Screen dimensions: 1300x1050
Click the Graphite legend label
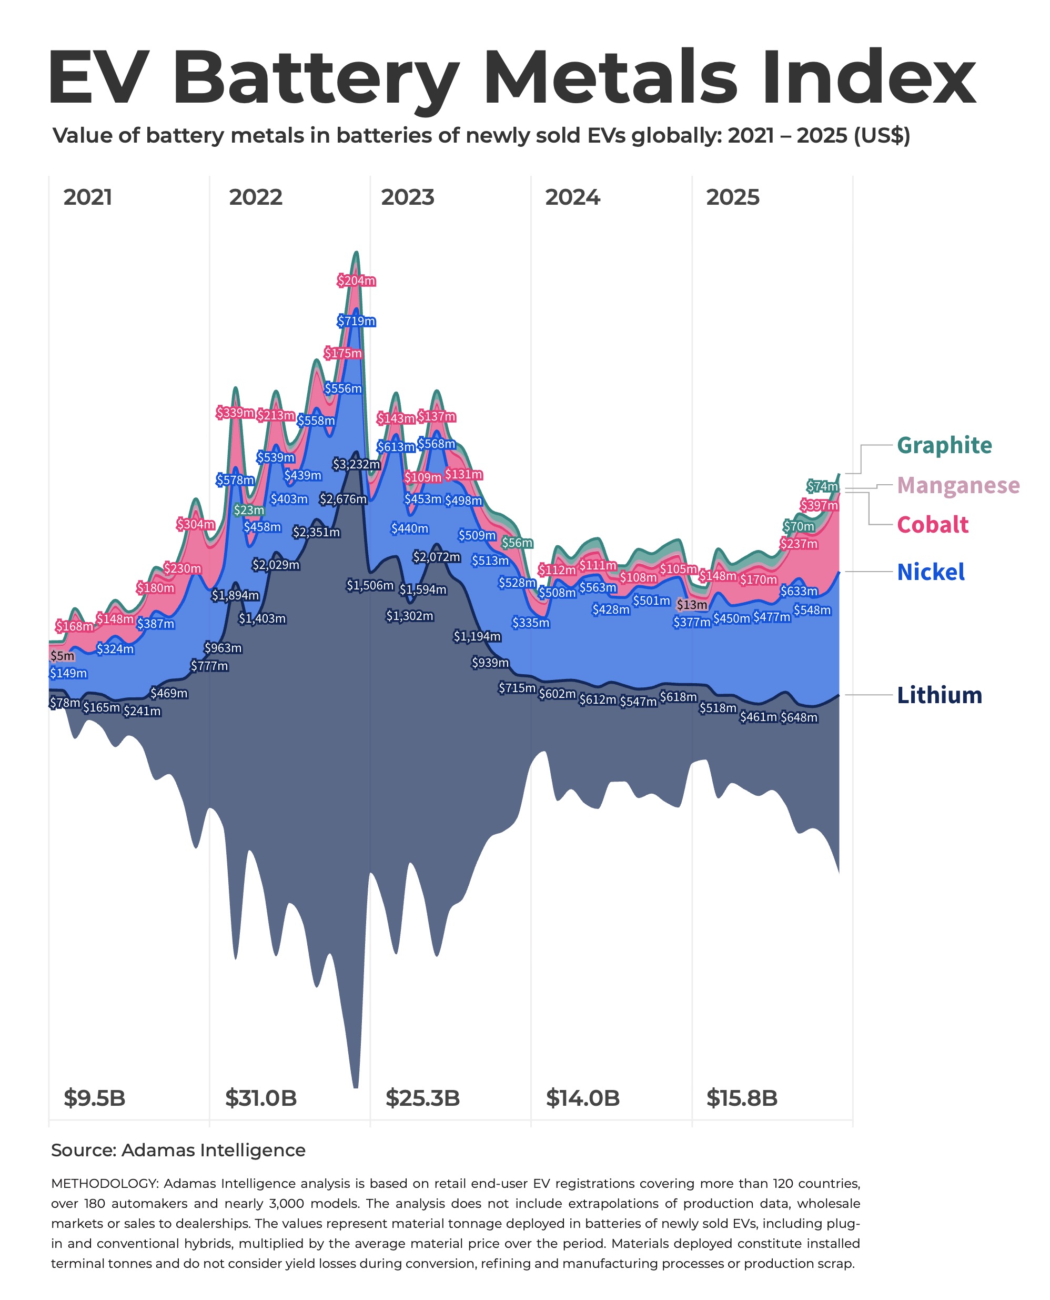pyautogui.click(x=944, y=445)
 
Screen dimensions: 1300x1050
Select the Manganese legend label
pyautogui.click(x=958, y=485)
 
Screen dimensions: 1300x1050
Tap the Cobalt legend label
pyautogui.click(x=932, y=525)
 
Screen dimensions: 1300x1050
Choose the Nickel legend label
pyautogui.click(x=930, y=572)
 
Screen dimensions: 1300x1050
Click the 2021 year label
pyautogui.click(x=88, y=197)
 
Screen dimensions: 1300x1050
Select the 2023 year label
pyautogui.click(x=408, y=197)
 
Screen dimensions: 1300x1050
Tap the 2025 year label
pyautogui.click(x=732, y=197)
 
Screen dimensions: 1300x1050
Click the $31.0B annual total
pyautogui.click(x=261, y=1098)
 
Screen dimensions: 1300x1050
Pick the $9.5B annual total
pyautogui.click(x=94, y=1098)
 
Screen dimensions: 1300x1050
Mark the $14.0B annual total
pyautogui.click(x=582, y=1098)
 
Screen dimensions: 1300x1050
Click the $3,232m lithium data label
pyautogui.click(x=356, y=464)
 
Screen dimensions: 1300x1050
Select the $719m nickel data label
pyautogui.click(x=356, y=322)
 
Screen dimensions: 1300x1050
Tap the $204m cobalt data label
pyautogui.click(x=356, y=281)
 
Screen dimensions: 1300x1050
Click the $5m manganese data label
pyautogui.click(x=62, y=656)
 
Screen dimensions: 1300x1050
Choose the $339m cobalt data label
pyautogui.click(x=235, y=413)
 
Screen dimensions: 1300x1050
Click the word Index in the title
pyautogui.click(x=868, y=78)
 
